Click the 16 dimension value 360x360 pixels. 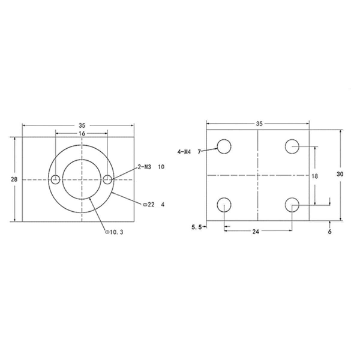(x=82, y=133)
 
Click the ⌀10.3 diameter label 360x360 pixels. (x=114, y=232)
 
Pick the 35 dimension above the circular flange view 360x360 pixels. (x=82, y=125)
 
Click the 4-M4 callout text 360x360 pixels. (x=184, y=152)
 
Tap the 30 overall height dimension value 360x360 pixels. (x=340, y=173)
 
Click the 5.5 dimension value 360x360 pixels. (x=196, y=227)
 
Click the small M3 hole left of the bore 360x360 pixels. (x=55, y=179)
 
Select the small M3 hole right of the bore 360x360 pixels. (x=107, y=179)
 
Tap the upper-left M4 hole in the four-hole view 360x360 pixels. (x=224, y=146)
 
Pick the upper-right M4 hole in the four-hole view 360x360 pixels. (x=292, y=146)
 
